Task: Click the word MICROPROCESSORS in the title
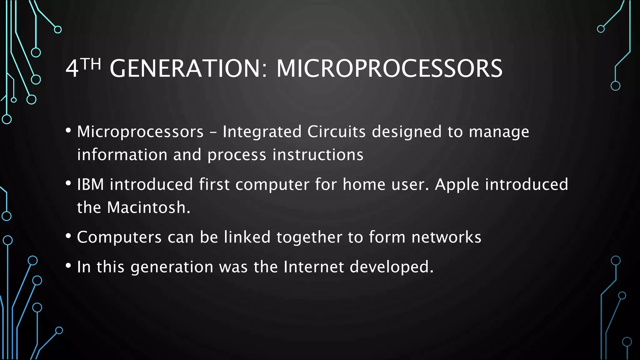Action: (x=389, y=68)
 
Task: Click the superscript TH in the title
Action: (x=92, y=64)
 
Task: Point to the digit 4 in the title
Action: (x=72, y=69)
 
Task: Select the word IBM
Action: (x=90, y=184)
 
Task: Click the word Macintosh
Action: (x=147, y=208)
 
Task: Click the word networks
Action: (x=446, y=237)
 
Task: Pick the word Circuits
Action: (x=336, y=132)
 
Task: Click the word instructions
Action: (x=318, y=155)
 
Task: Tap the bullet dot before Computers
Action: (x=68, y=236)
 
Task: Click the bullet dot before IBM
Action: (x=68, y=183)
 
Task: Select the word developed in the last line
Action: (x=391, y=267)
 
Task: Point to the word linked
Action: (x=247, y=237)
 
